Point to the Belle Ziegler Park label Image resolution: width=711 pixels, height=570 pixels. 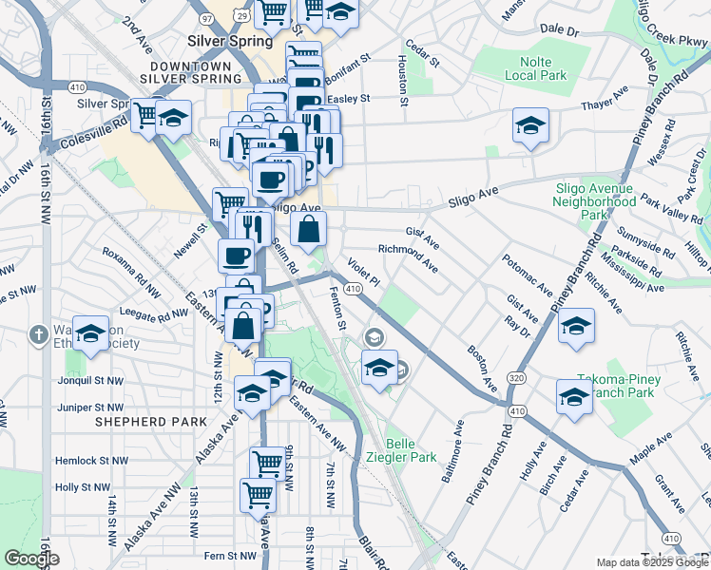[412, 449]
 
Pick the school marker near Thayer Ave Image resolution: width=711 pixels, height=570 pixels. [530, 125]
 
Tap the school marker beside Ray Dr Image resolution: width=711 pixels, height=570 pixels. [576, 326]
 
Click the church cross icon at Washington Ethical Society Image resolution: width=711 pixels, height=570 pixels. [38, 334]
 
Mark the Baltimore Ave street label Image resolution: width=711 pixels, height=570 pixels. [452, 459]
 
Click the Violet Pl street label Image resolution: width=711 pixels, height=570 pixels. [363, 271]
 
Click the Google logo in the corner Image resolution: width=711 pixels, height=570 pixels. [31, 558]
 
